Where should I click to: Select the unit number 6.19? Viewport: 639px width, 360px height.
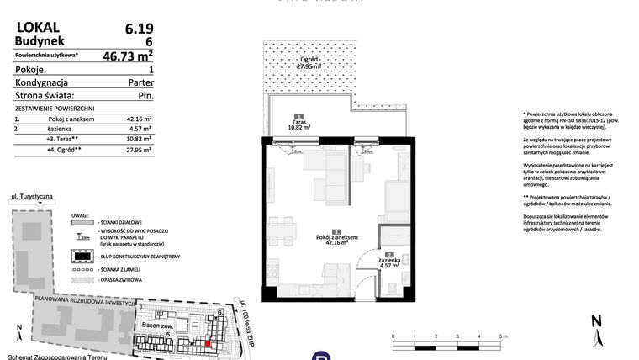coord(137,28)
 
